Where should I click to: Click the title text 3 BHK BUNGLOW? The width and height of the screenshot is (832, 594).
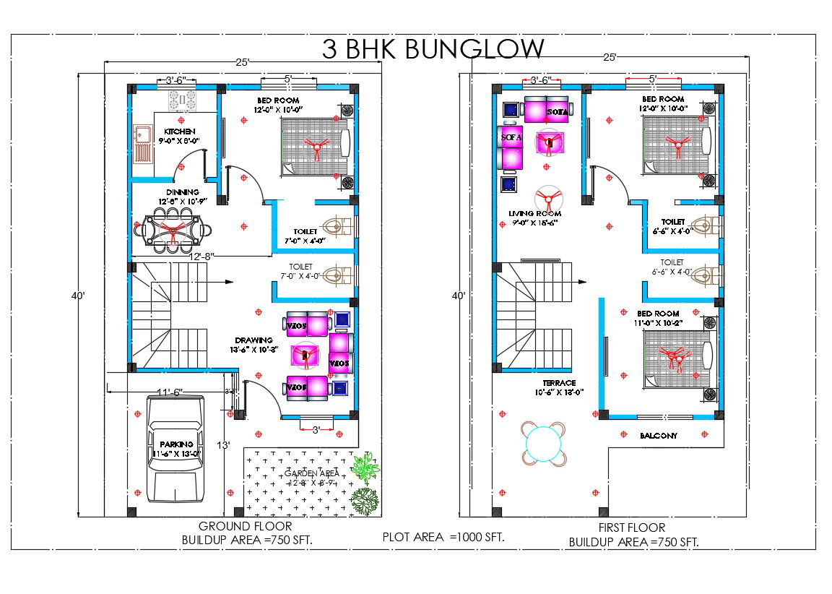[433, 50]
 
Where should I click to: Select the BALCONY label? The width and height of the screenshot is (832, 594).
[658, 436]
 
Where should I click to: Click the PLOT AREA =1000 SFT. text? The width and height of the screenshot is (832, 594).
[443, 537]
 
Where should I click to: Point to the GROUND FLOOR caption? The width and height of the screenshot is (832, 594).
[246, 527]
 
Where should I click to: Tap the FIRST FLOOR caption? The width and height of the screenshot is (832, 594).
[632, 528]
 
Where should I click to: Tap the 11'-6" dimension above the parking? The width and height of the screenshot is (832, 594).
[170, 392]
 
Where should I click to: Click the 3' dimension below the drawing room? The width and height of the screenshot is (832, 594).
[316, 429]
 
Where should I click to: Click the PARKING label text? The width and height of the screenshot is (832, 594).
[177, 444]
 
